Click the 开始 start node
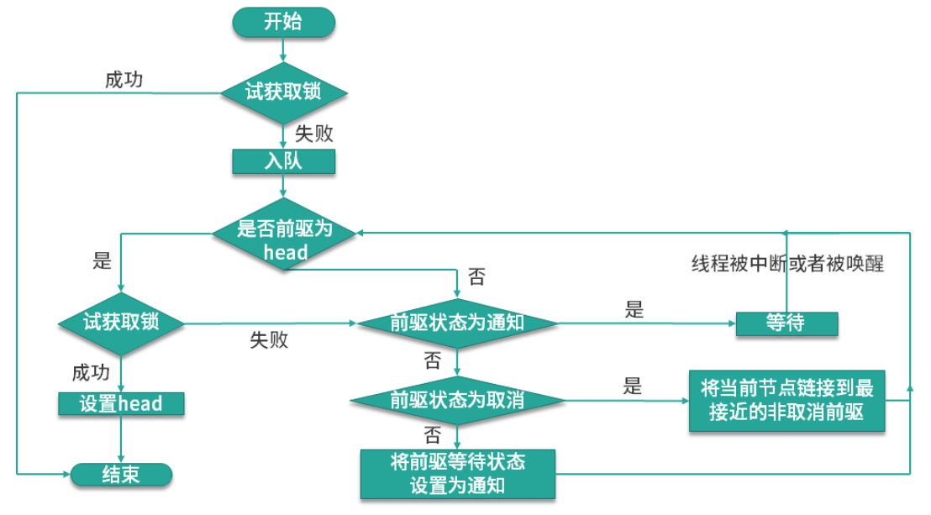pyautogui.click(x=283, y=22)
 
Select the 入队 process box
pyautogui.click(x=283, y=161)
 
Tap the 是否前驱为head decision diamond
pyautogui.click(x=285, y=239)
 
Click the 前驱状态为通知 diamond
pyautogui.click(x=457, y=323)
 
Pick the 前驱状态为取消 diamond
pyautogui.click(x=457, y=401)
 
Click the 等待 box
pyautogui.click(x=786, y=323)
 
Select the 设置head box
pyautogui.click(x=121, y=403)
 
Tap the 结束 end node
pyautogui.click(x=121, y=475)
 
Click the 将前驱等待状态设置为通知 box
pyautogui.click(x=457, y=474)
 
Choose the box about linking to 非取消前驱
pyautogui.click(x=786, y=400)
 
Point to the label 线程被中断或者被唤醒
pyautogui.click(x=787, y=264)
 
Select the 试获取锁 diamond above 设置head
pyautogui.click(x=121, y=323)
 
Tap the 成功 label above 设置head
pyautogui.click(x=91, y=372)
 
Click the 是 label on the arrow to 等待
pyautogui.click(x=634, y=309)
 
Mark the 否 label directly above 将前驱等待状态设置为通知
pyautogui.click(x=432, y=435)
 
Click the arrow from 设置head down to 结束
pyautogui.click(x=121, y=439)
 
